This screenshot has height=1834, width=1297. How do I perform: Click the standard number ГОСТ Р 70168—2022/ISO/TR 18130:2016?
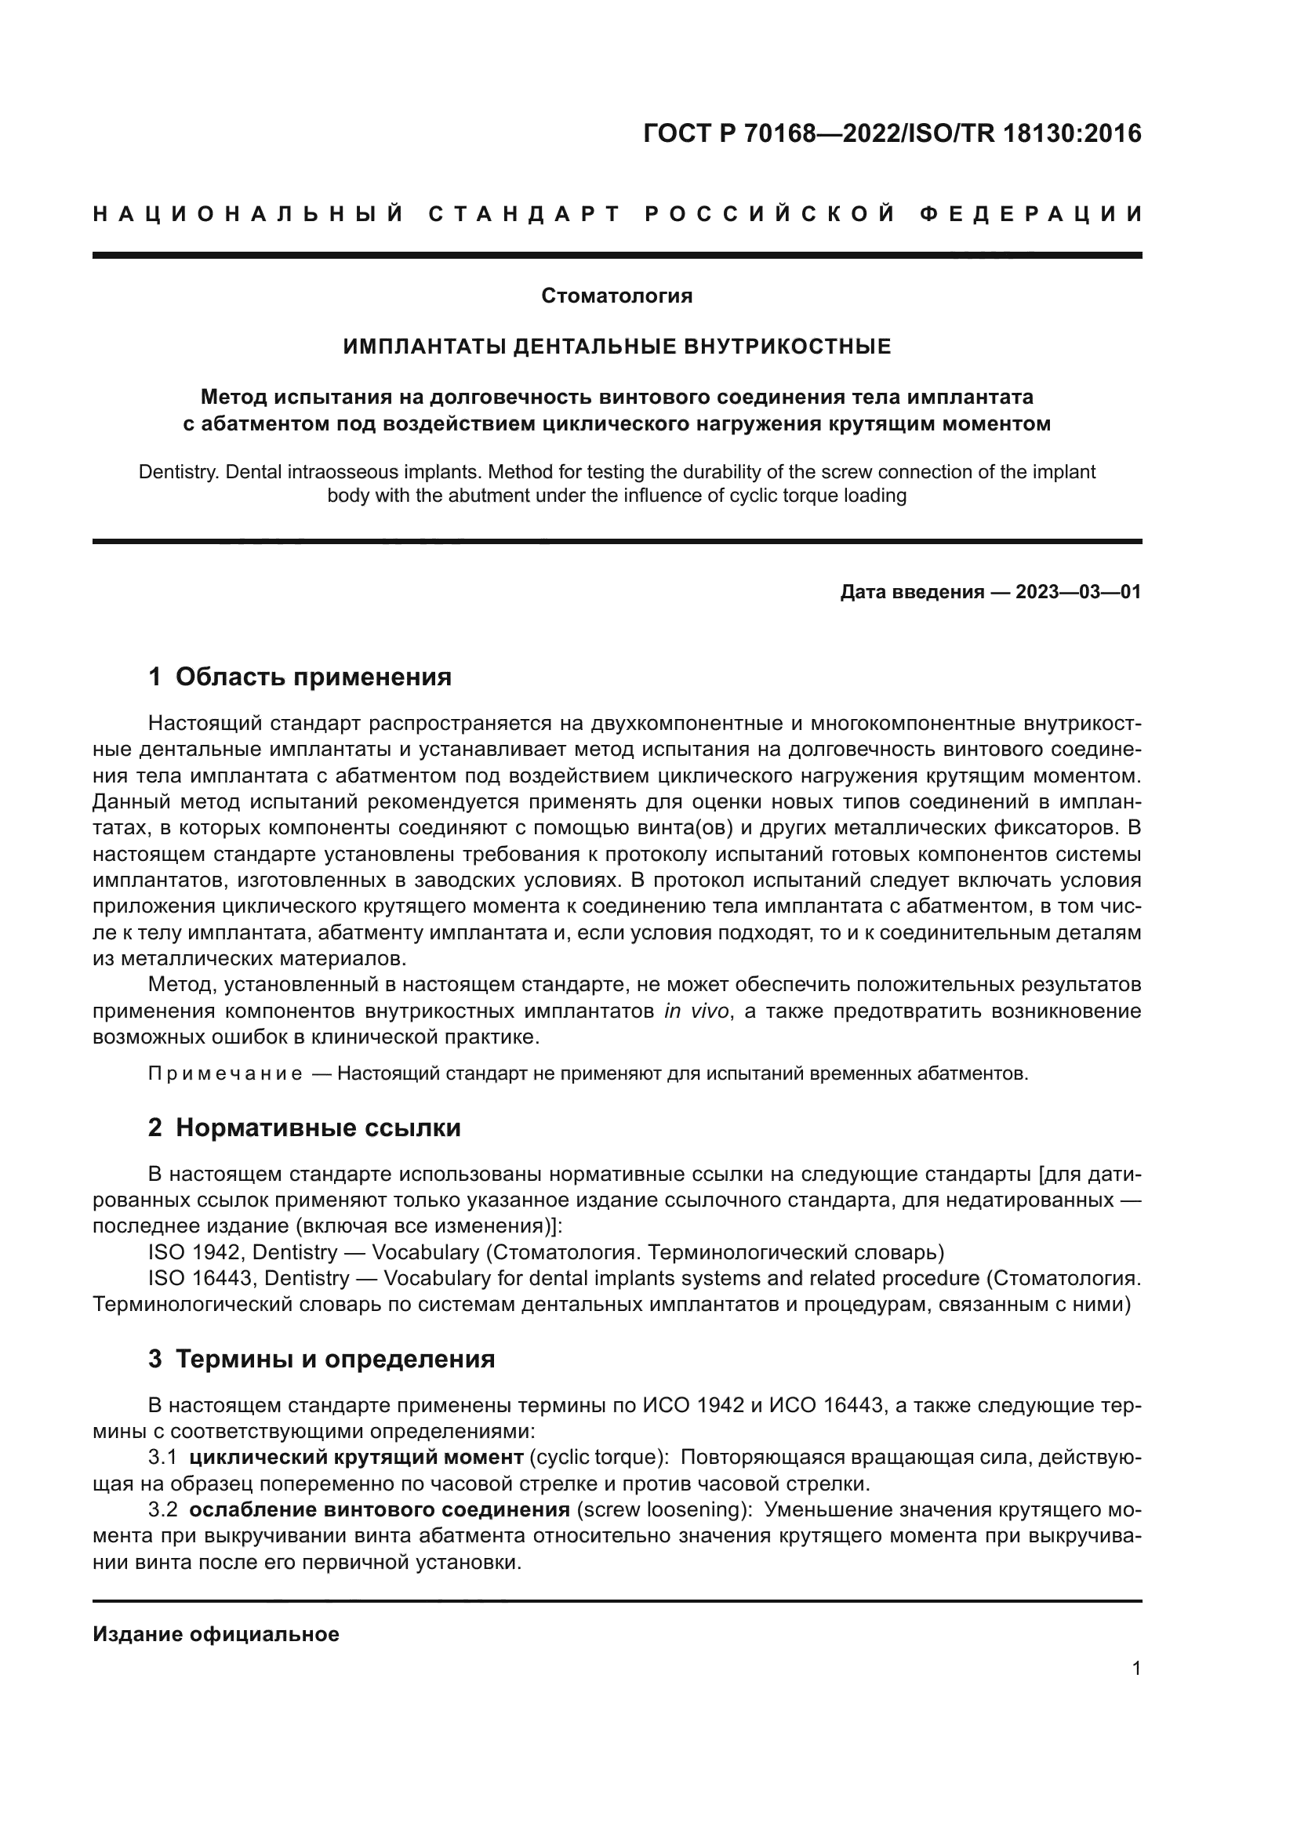892,133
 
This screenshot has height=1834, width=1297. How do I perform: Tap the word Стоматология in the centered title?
616,296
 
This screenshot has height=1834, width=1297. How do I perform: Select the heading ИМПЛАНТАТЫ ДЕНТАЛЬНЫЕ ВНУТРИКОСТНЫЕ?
616,346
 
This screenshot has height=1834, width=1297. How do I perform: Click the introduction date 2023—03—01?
1078,592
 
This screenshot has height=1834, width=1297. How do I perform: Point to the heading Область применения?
313,677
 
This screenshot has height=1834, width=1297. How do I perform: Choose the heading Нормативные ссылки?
318,1128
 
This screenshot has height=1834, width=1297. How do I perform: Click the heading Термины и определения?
335,1359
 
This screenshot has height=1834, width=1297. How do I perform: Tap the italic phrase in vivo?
696,1011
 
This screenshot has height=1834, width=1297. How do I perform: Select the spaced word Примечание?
225,1073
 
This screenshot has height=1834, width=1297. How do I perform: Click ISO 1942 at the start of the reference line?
193,1251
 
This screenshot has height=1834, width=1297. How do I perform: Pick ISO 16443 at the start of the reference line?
200,1278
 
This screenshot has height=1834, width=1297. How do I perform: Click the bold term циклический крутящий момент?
356,1457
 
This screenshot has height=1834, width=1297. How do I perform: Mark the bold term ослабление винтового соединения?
380,1509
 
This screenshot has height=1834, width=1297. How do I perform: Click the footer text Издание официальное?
216,1634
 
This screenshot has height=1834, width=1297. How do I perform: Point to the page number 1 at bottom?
1135,1668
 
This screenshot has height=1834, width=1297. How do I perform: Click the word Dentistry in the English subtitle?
178,471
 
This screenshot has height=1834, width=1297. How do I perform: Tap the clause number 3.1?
162,1457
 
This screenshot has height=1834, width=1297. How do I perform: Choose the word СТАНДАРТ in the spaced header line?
525,214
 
